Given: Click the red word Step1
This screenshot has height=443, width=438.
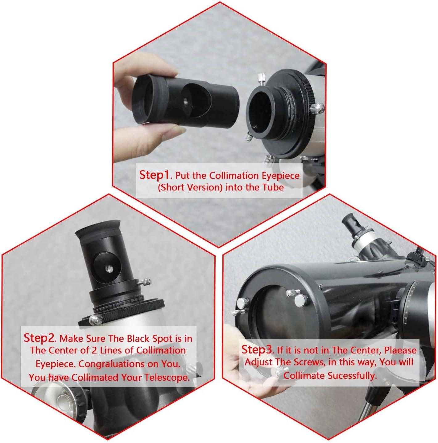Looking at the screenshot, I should coord(154,175).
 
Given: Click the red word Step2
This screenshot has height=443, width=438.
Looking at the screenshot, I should coord(39,338).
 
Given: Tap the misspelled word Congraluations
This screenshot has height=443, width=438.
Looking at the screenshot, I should coord(108,364).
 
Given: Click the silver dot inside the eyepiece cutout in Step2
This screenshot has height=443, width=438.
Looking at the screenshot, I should coord(109,258).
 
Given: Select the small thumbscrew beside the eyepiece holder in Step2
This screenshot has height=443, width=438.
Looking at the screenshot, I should coord(145,282).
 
